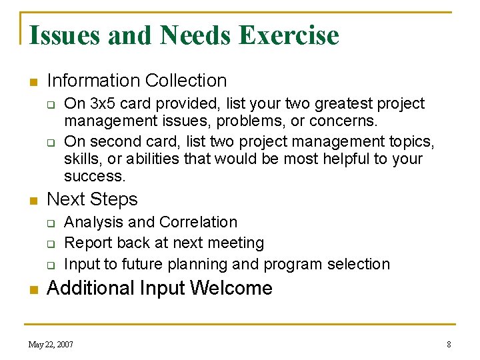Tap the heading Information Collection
click(x=137, y=81)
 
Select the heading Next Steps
click(x=92, y=199)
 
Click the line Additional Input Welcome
click(x=159, y=288)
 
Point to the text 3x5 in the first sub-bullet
click(x=103, y=104)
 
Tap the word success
click(x=94, y=177)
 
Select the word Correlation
click(x=204, y=222)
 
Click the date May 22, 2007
click(x=51, y=345)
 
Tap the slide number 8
click(x=449, y=345)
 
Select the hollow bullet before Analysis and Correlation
click(x=49, y=223)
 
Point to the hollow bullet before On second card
click(x=49, y=143)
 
